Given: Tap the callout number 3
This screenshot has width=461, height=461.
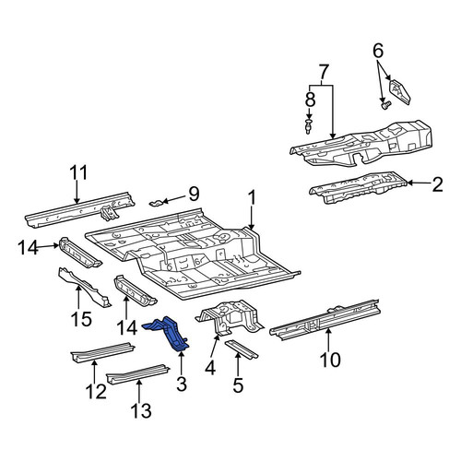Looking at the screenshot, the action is tap(182, 384).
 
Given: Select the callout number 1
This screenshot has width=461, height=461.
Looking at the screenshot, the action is tap(252, 197).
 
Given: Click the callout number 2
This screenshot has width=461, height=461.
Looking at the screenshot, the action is tap(437, 184).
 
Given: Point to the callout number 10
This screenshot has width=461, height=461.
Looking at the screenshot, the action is tap(330, 360).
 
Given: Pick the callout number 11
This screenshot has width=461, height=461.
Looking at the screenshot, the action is tap(78, 172).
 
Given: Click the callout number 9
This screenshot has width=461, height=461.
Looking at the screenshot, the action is tap(194, 194).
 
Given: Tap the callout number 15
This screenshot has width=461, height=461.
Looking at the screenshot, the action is tap(81, 319).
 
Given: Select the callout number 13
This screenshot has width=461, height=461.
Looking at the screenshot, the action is tap(141, 410).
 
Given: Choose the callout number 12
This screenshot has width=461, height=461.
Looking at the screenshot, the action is tap(96, 391).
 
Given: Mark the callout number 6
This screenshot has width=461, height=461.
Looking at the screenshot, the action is tap(378, 51).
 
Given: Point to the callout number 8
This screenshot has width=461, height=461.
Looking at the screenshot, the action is tap(310, 100).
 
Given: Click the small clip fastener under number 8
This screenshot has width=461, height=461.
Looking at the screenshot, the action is tap(308, 126).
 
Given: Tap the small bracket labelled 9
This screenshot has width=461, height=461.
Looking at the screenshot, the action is tap(157, 203).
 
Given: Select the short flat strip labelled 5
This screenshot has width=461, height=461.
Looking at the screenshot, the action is tap(242, 349).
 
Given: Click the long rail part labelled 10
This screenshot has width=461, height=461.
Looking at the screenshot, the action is tap(325, 319).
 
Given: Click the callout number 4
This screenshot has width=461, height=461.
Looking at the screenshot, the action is tap(210, 368).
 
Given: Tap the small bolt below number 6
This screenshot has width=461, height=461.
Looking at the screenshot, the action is tap(385, 105).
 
